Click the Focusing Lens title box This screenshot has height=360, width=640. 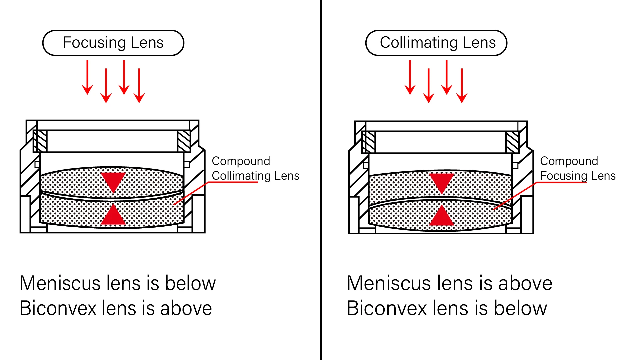click(113, 43)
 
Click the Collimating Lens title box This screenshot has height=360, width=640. click(436, 43)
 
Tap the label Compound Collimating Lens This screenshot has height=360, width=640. click(255, 168)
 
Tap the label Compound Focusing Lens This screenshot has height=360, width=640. click(578, 168)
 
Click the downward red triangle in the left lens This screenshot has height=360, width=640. click(113, 181)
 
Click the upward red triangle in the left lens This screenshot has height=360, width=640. click(113, 216)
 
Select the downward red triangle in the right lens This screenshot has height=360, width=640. click(442, 182)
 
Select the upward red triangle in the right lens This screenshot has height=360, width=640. click(442, 217)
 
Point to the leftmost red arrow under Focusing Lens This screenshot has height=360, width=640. click(87, 77)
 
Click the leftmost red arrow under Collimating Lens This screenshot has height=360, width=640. click(410, 77)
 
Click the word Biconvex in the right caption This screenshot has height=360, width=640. click(387, 308)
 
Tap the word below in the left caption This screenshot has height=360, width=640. click(190, 283)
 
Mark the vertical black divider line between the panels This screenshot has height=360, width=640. click(321, 180)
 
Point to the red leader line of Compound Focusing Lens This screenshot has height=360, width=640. click(515, 196)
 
